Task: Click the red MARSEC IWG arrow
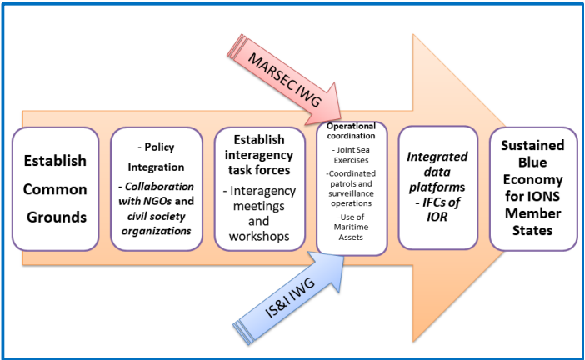click(x=284, y=80)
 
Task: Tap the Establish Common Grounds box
click(x=56, y=189)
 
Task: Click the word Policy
click(x=159, y=147)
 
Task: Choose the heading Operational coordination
click(x=351, y=131)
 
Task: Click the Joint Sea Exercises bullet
click(x=351, y=155)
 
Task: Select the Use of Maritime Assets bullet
click(x=351, y=227)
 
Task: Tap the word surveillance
click(x=351, y=193)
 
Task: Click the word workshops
click(x=259, y=237)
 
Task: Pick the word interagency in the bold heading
click(x=259, y=155)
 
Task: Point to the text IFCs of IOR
click(x=437, y=209)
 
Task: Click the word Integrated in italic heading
click(x=437, y=157)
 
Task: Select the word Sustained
click(x=532, y=145)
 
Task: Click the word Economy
click(x=532, y=180)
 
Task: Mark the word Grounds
click(x=57, y=217)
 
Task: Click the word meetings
click(x=259, y=207)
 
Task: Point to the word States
click(x=532, y=230)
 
